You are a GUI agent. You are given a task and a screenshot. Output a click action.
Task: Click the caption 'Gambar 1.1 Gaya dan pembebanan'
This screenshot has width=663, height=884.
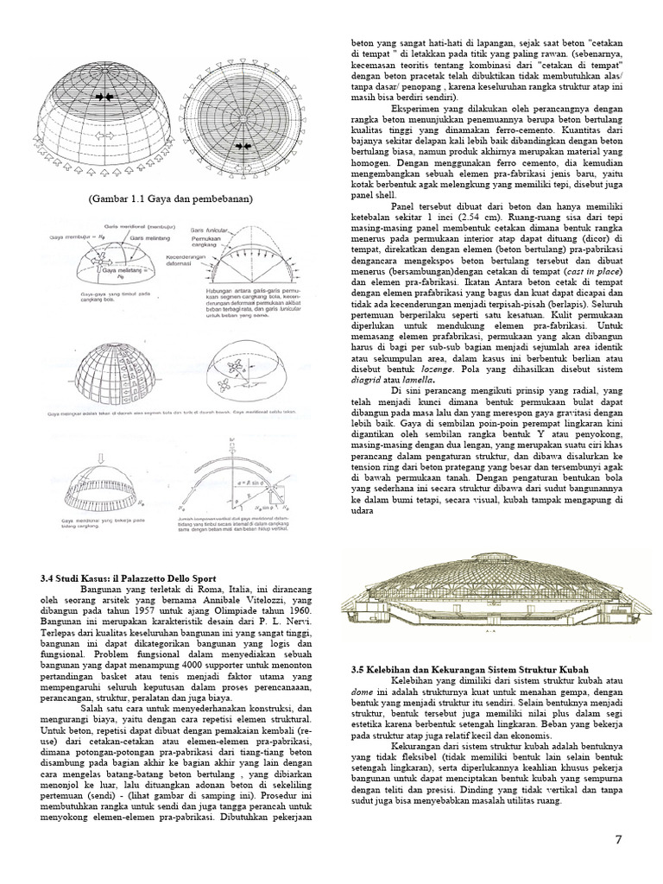(169, 199)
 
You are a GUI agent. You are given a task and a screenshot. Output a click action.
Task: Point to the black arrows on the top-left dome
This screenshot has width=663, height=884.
(104, 98)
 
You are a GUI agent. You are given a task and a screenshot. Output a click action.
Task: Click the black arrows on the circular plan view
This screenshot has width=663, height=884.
(241, 124)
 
